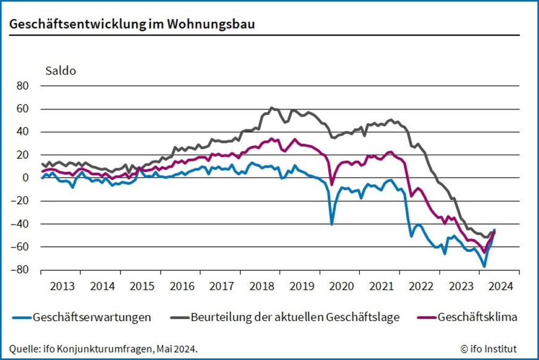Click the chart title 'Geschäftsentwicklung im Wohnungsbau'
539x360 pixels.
click(132, 25)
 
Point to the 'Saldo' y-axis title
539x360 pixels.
click(61, 71)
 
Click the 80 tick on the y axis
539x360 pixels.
click(23, 86)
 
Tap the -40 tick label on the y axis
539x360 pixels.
click(22, 224)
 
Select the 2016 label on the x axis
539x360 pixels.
click(182, 286)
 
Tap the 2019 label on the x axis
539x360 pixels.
click(302, 286)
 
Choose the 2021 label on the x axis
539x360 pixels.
click(381, 286)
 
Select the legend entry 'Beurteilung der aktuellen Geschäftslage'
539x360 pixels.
click(295, 317)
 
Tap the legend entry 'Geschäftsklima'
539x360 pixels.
click(477, 317)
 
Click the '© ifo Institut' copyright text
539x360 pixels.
click(488, 348)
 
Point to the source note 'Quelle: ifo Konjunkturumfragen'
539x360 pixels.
click(103, 348)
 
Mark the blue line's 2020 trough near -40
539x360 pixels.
click(332, 224)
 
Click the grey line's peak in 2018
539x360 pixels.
click(273, 108)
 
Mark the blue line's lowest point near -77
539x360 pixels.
click(484, 267)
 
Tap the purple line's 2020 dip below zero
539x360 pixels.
click(332, 184)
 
